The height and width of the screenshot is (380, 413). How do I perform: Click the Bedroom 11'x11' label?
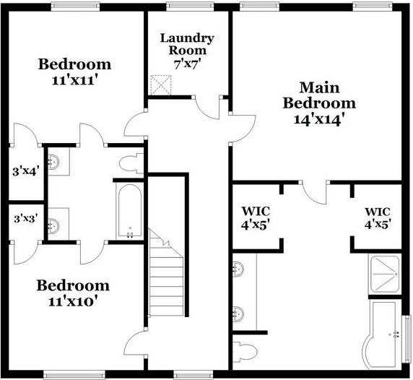click(x=74, y=72)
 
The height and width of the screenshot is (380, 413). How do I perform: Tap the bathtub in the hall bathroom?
click(x=130, y=210)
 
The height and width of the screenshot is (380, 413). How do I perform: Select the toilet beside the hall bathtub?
click(x=130, y=163)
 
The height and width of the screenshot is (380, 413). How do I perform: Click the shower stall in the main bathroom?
click(x=387, y=275)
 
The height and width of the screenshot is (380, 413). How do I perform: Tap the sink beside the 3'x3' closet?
click(x=55, y=225)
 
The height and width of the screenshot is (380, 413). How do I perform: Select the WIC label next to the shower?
click(x=376, y=217)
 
